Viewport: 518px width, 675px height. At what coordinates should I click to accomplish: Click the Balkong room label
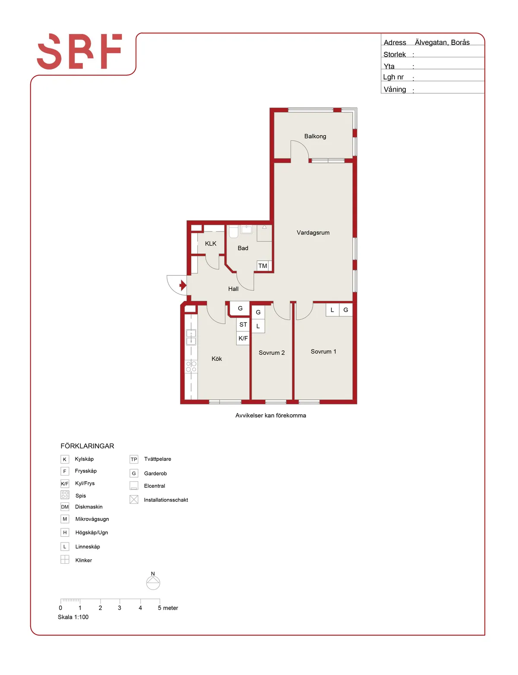(x=315, y=136)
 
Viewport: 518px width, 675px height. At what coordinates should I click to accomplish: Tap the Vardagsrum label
(x=313, y=232)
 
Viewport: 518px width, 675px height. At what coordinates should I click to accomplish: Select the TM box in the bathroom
(x=262, y=265)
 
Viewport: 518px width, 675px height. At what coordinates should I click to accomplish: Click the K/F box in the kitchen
(x=243, y=338)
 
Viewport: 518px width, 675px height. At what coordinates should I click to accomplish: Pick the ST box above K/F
(x=243, y=324)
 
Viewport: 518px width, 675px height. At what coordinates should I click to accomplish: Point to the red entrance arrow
(x=183, y=285)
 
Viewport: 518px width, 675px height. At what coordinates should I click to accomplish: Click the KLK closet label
(x=211, y=243)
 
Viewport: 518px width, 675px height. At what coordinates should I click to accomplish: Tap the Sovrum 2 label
(x=272, y=353)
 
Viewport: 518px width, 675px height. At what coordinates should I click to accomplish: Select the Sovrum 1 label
(x=323, y=351)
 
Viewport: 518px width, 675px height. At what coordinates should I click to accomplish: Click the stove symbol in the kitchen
(x=191, y=366)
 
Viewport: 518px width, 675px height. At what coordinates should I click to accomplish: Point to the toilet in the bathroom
(x=233, y=232)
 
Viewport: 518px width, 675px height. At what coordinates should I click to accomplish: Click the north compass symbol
(x=153, y=582)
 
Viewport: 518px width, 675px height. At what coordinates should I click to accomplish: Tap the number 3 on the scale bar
(x=119, y=608)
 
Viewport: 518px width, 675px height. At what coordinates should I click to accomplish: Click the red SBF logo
(x=79, y=51)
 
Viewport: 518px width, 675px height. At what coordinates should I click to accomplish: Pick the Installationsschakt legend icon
(x=134, y=499)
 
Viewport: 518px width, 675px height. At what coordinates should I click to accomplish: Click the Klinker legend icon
(x=65, y=559)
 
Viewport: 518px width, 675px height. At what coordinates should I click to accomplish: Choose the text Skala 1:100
(x=73, y=617)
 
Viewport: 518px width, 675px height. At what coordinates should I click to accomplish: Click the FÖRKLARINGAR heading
(x=87, y=446)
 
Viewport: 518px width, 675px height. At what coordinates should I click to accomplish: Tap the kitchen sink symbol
(x=191, y=337)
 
